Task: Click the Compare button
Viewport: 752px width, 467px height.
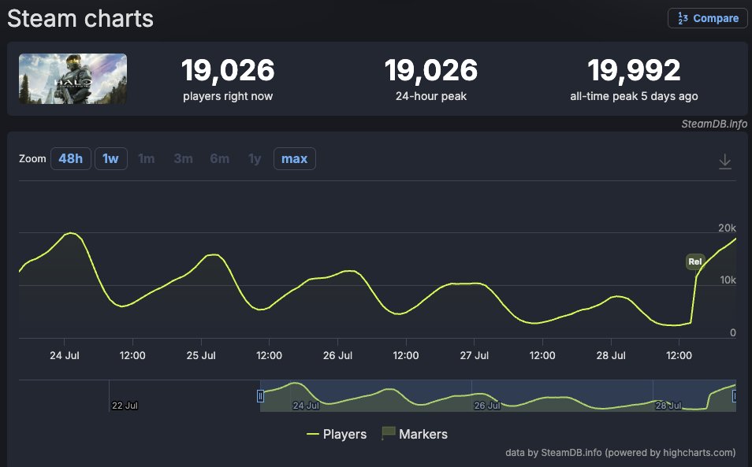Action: pos(707,18)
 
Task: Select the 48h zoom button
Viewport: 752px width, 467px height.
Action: pos(70,158)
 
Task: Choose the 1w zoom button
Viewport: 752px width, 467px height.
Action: pos(111,158)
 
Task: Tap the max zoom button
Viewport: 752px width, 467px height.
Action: pos(295,158)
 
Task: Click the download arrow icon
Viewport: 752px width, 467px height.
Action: pos(724,161)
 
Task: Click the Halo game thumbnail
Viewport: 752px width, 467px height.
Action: pos(73,79)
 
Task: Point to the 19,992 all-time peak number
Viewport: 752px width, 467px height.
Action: pos(634,70)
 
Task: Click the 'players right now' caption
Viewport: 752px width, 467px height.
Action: pos(228,96)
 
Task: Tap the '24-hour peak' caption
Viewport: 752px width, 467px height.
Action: pos(431,96)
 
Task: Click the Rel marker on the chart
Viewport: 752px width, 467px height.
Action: pos(695,261)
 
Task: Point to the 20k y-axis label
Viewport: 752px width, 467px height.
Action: pos(727,228)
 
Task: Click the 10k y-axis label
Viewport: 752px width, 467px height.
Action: pos(728,280)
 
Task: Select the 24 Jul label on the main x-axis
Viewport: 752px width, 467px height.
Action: pos(65,355)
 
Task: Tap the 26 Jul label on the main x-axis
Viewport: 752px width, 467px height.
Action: pos(337,355)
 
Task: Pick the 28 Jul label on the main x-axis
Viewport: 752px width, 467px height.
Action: pos(611,355)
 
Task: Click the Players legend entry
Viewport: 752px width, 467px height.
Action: pos(337,434)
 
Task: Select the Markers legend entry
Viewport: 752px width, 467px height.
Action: pos(415,434)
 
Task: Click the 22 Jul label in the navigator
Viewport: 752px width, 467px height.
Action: pos(125,406)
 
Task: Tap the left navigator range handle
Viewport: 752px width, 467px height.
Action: pos(260,396)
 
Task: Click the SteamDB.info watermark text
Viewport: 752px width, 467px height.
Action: pos(714,124)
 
